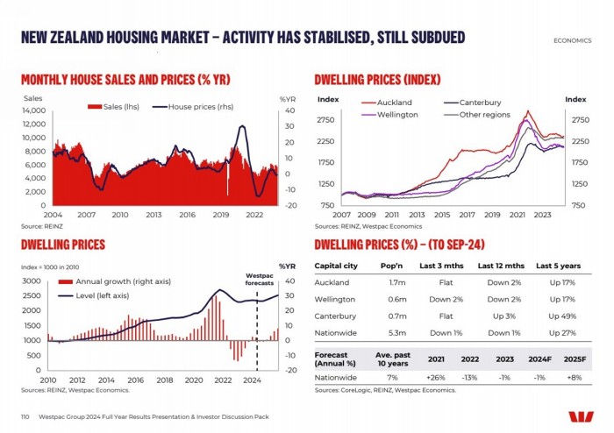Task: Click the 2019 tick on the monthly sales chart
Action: pos(221,214)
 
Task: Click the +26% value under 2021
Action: pos(437,377)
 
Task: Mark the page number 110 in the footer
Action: pos(25,415)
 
